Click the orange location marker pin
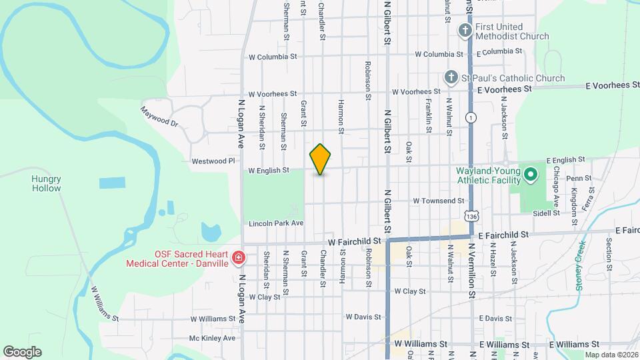tap(321, 159)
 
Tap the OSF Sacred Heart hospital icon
tap(238, 257)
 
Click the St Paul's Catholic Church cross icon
tap(451, 78)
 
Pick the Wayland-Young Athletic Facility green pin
tap(531, 175)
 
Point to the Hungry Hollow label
tap(46, 183)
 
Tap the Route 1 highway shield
tap(472, 117)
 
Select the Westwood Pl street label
tap(213, 161)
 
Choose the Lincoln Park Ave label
tap(276, 223)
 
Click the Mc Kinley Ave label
tap(212, 338)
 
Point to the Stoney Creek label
tap(580, 273)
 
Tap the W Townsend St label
tap(438, 201)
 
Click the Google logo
tap(22, 351)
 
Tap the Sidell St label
tap(546, 213)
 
